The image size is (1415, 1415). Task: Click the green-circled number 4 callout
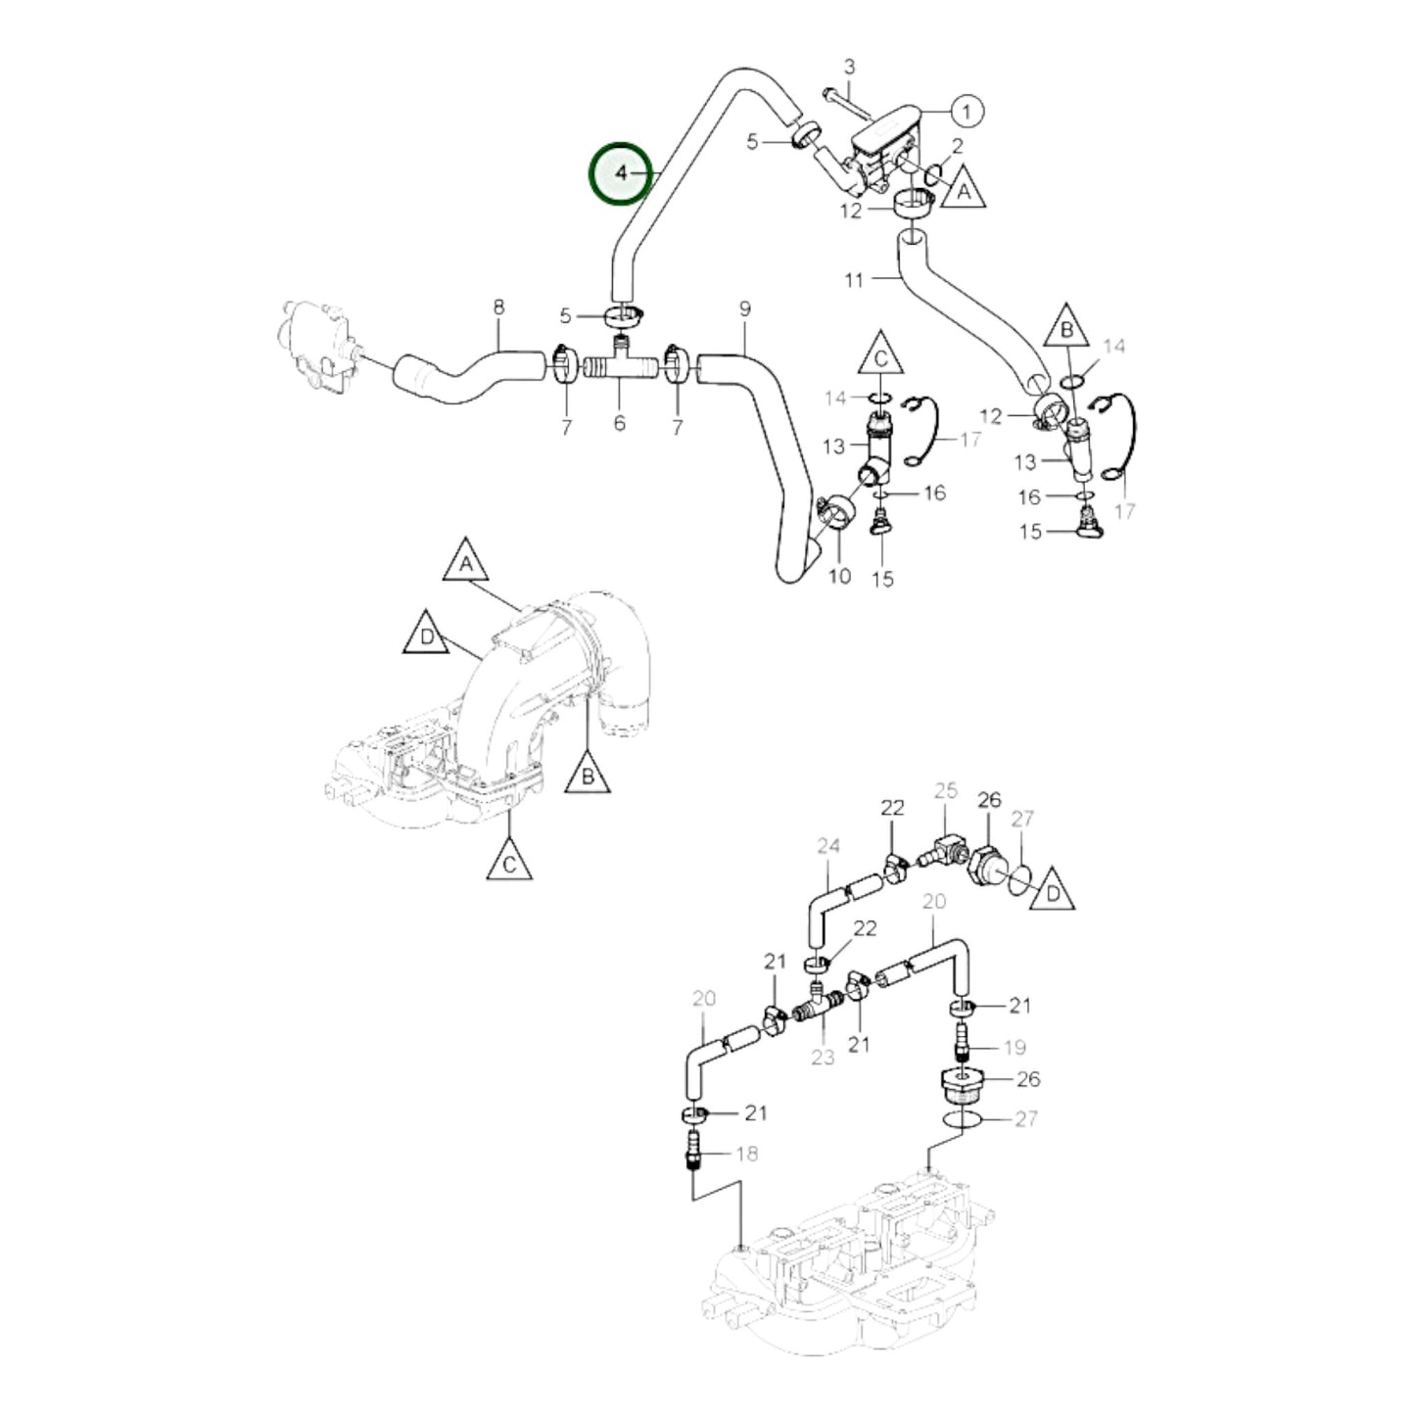tap(619, 174)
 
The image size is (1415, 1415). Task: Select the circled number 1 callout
tap(967, 112)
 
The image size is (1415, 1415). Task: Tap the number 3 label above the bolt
tap(849, 68)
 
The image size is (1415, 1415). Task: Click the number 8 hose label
tap(498, 307)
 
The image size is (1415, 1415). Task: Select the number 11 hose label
tap(854, 280)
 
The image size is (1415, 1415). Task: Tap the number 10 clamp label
tap(839, 576)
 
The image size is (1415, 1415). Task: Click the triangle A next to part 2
tap(964, 189)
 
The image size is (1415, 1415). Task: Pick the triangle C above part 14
tap(880, 356)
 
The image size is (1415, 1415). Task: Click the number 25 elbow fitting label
tap(944, 789)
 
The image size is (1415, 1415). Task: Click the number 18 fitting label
tap(746, 1154)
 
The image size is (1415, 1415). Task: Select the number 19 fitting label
tap(1014, 1048)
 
